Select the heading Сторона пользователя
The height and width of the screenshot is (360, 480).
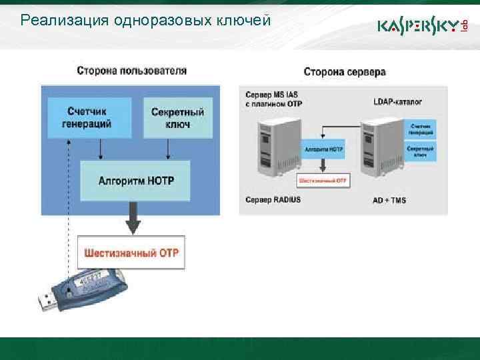pyautogui.click(x=131, y=70)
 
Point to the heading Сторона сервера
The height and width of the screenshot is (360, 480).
pyautogui.click(x=344, y=71)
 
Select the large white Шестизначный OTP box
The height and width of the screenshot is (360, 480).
pyautogui.click(x=131, y=253)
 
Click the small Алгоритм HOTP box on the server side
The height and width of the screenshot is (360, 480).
pyautogui.click(x=324, y=149)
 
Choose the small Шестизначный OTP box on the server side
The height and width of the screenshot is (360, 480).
pyautogui.click(x=324, y=181)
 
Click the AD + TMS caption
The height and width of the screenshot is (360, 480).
pyautogui.click(x=389, y=199)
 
